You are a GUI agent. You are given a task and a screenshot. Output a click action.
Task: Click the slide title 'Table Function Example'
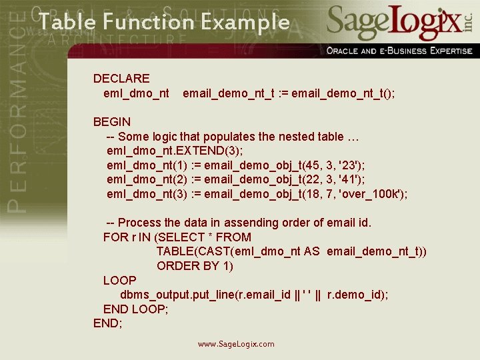(x=164, y=23)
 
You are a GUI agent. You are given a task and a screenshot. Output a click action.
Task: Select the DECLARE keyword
(x=121, y=79)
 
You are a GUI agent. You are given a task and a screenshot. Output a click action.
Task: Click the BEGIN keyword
(x=112, y=122)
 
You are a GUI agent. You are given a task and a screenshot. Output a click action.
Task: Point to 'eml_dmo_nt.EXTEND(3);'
(x=175, y=151)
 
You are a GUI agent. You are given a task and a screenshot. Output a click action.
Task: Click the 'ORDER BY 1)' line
(x=195, y=266)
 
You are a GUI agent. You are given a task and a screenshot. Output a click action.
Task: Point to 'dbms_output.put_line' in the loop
(x=177, y=295)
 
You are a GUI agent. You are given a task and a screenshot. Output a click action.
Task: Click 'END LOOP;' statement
(x=135, y=309)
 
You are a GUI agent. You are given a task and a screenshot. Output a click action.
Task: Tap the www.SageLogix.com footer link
(x=236, y=344)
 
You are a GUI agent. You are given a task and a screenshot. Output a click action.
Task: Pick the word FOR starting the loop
(x=114, y=237)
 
